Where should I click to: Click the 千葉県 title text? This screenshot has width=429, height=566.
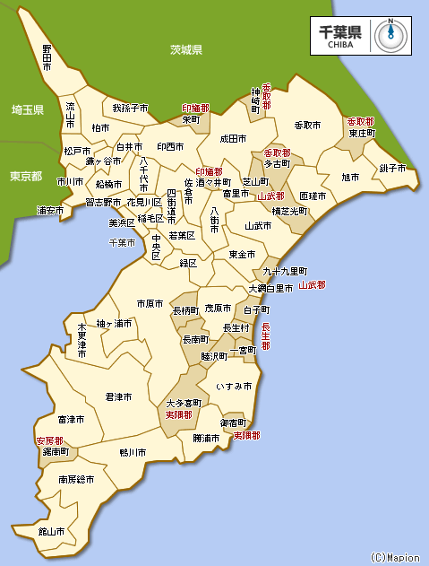coord(340,30)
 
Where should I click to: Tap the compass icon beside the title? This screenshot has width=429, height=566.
coord(390,34)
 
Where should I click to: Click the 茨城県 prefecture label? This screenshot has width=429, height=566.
coord(186,49)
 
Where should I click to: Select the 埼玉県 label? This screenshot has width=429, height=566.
coord(27,109)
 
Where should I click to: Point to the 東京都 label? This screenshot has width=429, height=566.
coord(25,176)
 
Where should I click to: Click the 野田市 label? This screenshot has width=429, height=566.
coord(47,57)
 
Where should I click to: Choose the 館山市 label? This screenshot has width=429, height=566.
coord(51,531)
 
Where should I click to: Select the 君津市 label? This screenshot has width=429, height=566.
coord(118,396)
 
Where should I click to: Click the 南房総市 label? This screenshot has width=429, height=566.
coord(77,480)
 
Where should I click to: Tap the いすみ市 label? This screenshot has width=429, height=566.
coord(234,386)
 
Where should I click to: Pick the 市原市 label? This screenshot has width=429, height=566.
coord(150,304)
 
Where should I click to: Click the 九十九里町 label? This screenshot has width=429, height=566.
coord(285,271)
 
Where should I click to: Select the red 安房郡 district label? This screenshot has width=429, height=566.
coord(49,441)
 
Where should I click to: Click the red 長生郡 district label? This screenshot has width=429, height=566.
coord(265,335)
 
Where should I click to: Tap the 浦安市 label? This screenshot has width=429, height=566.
coord(50,211)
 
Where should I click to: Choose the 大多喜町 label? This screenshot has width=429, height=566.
coord(182,404)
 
